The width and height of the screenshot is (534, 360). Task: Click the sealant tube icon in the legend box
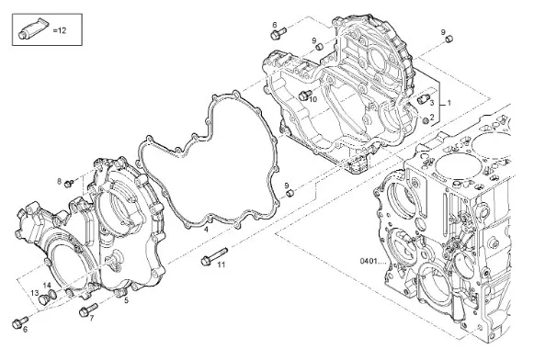pos(32,28)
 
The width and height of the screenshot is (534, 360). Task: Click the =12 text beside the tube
pos(59,30)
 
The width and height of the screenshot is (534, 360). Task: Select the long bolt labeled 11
pos(214,256)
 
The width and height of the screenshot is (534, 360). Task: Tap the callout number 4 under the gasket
pos(206,230)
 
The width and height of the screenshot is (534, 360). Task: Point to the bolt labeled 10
pos(305,96)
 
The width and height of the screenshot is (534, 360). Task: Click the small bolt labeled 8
pos(69,184)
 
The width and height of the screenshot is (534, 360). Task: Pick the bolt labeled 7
pos(88,309)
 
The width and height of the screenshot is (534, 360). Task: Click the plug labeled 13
pos(44,299)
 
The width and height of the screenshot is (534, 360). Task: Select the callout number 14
pos(47,285)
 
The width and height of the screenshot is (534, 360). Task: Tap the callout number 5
pos(126,300)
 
